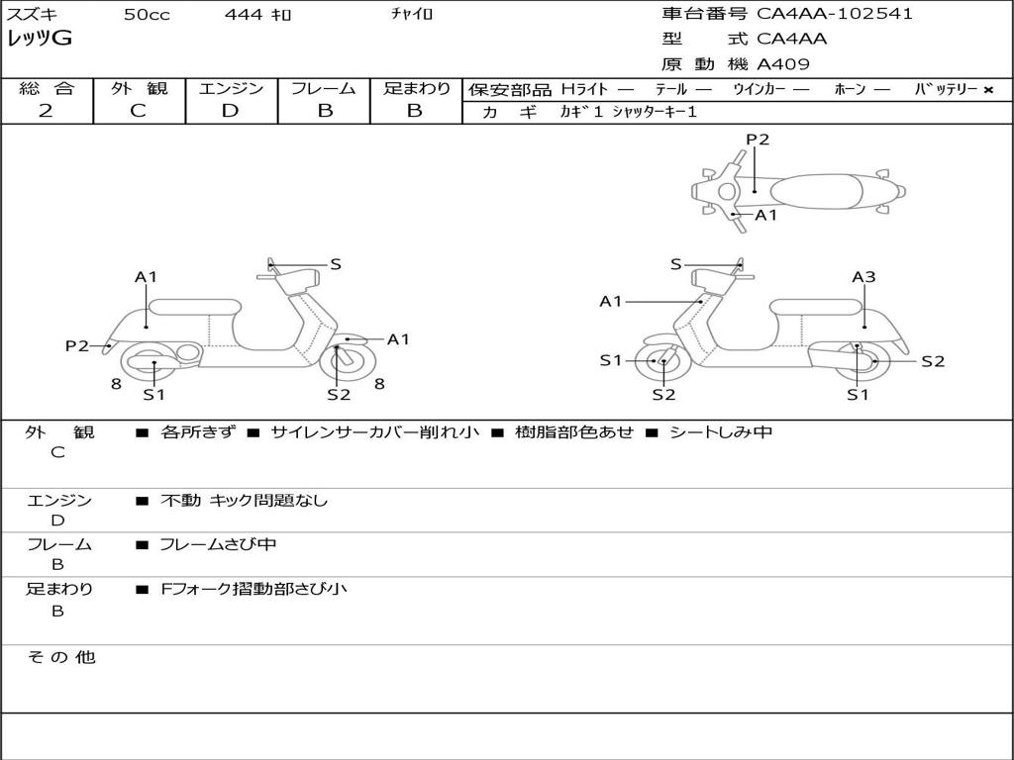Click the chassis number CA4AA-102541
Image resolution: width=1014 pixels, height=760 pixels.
point(835,14)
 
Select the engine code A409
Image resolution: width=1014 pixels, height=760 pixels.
point(783,64)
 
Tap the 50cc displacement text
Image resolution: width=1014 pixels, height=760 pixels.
point(147,15)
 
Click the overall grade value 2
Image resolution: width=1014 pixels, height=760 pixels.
point(46,111)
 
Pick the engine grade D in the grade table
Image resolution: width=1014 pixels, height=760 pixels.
point(230,111)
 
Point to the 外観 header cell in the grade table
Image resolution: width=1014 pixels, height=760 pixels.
point(139,89)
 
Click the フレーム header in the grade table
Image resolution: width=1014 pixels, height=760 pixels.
point(324,89)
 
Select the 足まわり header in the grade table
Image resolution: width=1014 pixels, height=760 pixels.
point(416,89)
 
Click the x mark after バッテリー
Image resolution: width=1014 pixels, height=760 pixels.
point(987,90)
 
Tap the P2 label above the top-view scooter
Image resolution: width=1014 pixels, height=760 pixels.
point(758,140)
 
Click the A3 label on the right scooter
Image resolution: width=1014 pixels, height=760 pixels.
point(863,277)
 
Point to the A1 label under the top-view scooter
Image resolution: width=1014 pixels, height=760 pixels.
point(766,215)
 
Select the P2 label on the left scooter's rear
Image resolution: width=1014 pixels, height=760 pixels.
point(77,345)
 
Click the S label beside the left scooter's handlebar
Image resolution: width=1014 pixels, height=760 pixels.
point(336,264)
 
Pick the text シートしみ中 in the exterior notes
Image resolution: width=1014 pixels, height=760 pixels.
point(720,432)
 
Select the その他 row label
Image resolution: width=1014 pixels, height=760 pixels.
point(60,657)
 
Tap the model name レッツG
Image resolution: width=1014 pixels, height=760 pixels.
point(40,39)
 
